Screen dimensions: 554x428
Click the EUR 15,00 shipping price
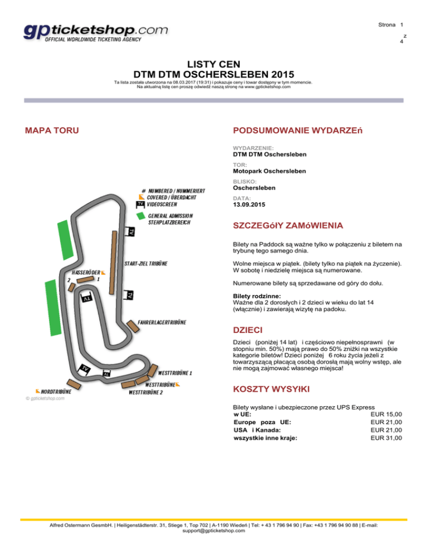(x=386, y=414)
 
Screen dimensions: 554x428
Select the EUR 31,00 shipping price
(x=386, y=438)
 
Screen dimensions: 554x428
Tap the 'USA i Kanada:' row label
(x=257, y=430)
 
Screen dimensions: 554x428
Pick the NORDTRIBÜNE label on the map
(x=53, y=392)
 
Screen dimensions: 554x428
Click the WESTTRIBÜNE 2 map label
(x=145, y=392)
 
